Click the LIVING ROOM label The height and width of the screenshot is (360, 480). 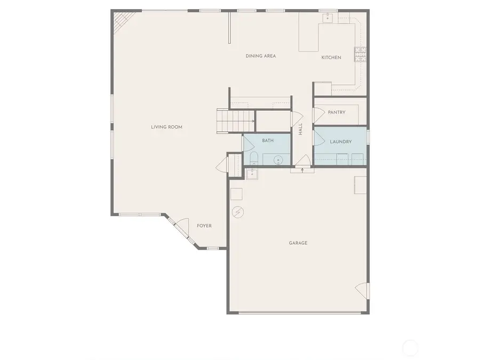[x=166, y=127]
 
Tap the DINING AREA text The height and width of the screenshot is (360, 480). [x=260, y=56]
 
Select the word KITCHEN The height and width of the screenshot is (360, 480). [x=331, y=58]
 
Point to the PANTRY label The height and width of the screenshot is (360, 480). [x=337, y=113]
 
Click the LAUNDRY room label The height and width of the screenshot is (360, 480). [x=340, y=141]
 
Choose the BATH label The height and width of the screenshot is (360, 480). [x=268, y=141]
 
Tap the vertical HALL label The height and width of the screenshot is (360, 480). [x=300, y=129]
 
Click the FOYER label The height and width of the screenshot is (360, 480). [x=204, y=226]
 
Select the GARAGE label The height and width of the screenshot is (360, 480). [x=298, y=243]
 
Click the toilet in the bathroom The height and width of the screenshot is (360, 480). [x=253, y=158]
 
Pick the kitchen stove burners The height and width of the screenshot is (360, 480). [x=361, y=54]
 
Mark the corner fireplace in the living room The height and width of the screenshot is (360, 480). [x=120, y=21]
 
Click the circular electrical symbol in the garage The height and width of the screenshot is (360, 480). [x=237, y=212]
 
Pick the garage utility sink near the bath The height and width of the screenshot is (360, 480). [x=252, y=173]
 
